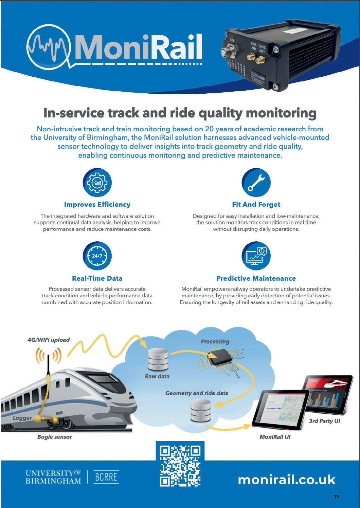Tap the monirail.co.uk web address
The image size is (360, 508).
tap(287, 479)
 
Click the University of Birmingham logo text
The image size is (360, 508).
tap(54, 477)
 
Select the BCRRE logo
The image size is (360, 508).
tap(106, 477)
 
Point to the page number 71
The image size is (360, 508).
tap(336, 497)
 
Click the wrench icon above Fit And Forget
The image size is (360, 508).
tap(256, 183)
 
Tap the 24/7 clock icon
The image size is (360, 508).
tap(97, 256)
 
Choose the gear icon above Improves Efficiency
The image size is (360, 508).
tap(97, 183)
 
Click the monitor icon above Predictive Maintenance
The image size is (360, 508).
tap(256, 256)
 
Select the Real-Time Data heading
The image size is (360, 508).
tap(97, 278)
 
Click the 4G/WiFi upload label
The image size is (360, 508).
tap(49, 340)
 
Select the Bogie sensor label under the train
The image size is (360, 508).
tap(54, 437)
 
